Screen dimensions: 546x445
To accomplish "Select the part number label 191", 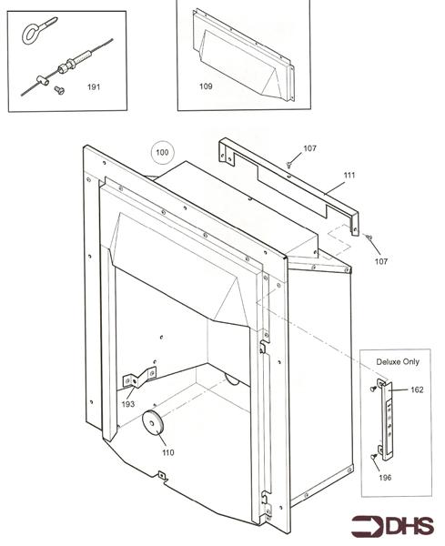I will coord(93,87).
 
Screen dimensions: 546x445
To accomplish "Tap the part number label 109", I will coord(205,88).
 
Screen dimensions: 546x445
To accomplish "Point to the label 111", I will coord(349,174).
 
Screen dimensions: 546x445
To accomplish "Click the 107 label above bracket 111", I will coord(310,148).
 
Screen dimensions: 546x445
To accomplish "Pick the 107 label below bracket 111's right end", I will coord(380,261).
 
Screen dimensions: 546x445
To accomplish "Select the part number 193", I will coord(130,402).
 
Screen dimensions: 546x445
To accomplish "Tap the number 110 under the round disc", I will coord(167,452).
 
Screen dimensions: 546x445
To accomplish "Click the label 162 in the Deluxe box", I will coord(417,389).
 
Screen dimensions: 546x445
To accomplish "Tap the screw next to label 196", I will coord(374,457).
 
